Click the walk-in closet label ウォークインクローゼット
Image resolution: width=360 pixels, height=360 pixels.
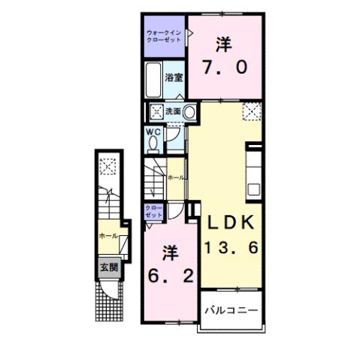165,37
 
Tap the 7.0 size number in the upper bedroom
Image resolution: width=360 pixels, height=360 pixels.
223,67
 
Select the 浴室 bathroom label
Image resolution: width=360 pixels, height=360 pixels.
174,77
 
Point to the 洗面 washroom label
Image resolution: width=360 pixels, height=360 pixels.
173,112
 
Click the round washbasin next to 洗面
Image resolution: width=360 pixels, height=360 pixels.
191,113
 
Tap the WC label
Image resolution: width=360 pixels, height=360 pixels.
153,132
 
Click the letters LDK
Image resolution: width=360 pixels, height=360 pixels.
229,223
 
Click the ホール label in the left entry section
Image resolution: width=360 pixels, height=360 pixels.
107,235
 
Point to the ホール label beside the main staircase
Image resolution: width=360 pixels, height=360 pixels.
175,177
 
